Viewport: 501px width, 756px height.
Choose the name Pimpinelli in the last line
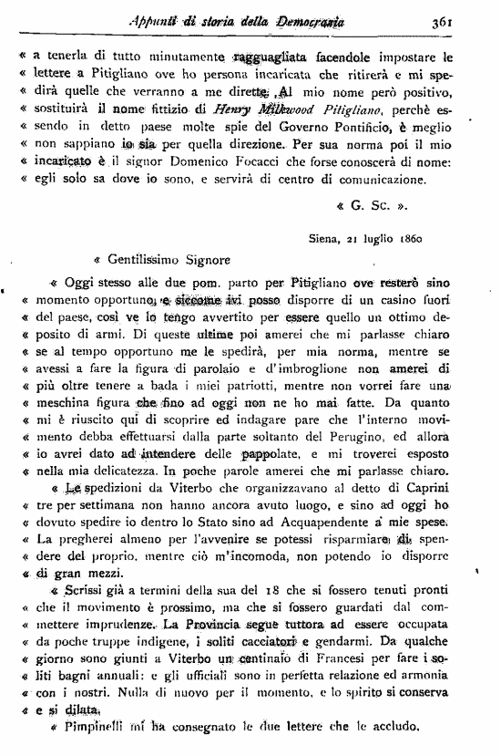coord(93,729)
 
